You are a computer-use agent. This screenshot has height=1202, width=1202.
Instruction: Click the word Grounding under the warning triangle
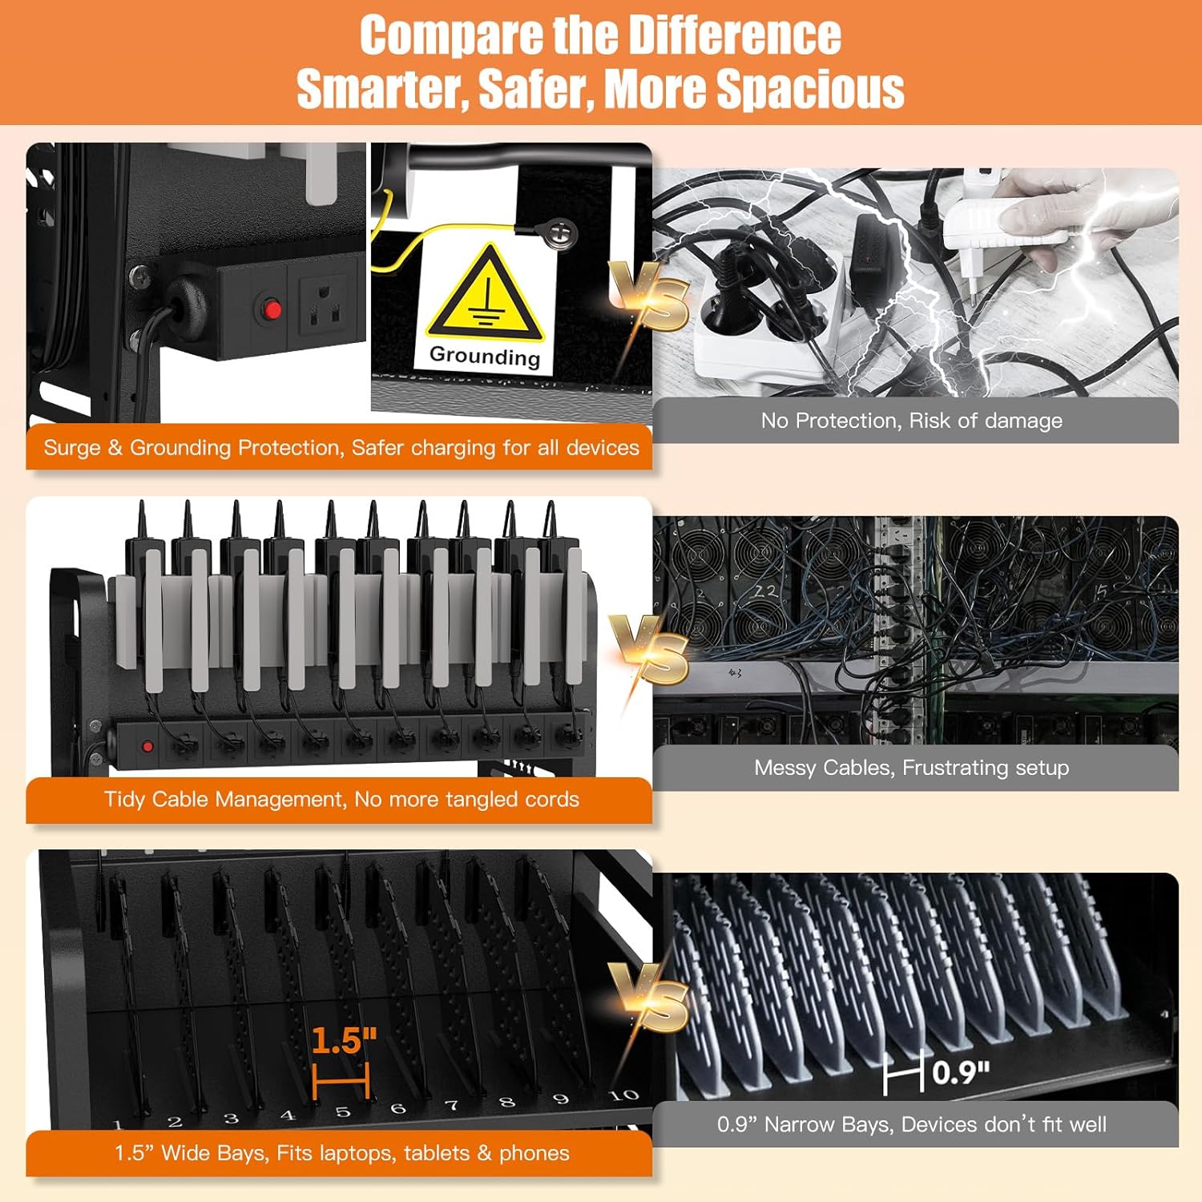coord(485,355)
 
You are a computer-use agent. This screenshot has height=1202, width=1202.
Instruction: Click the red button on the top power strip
coord(272,309)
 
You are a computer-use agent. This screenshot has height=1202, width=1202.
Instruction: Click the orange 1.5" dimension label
coord(344,1041)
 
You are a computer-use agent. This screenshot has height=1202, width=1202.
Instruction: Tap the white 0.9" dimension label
coord(961,1071)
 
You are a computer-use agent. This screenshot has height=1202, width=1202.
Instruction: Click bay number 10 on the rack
coord(623,1095)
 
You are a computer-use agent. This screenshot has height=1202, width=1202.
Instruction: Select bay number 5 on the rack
coord(343,1112)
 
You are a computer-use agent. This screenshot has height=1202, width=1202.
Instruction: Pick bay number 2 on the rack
coord(175,1122)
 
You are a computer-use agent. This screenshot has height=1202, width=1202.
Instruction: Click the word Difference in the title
coord(735,35)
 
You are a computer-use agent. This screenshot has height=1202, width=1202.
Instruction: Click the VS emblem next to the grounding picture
coord(649,295)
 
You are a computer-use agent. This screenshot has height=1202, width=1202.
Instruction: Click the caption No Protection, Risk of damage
coord(912,421)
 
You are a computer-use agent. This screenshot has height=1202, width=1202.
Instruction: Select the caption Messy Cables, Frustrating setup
coord(912,768)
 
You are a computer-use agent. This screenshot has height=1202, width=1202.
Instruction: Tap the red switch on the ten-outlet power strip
coord(147,747)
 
